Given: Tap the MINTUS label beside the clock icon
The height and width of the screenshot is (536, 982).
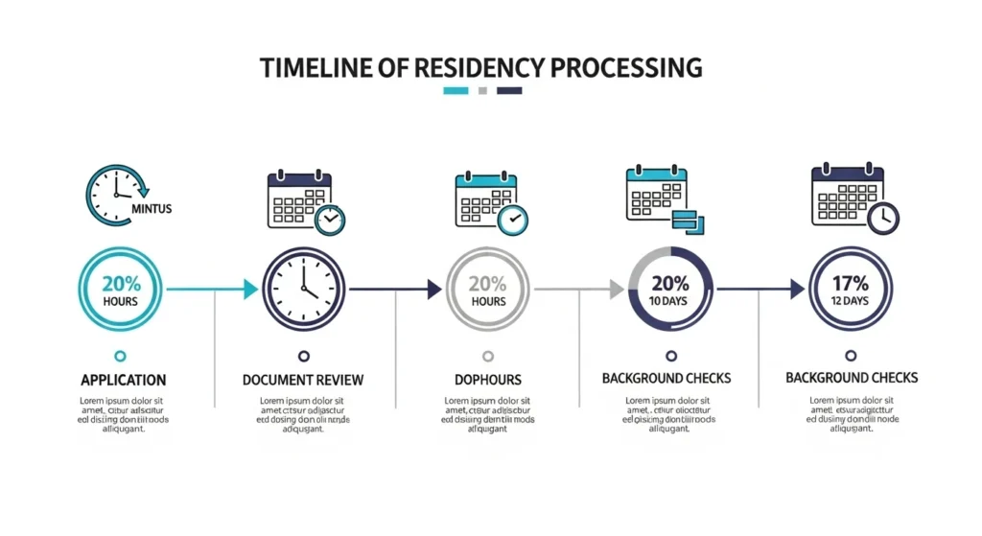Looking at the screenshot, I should coord(151,208).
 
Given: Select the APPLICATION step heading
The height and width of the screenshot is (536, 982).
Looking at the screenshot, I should coord(123,380).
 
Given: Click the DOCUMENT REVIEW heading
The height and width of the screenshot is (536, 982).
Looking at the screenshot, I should coord(303,380).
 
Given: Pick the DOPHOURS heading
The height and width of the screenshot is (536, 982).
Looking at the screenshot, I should coord(487,380).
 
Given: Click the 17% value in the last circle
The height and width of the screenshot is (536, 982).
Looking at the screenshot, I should coord(850,283).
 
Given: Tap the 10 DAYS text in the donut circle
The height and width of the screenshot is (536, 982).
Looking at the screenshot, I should coord(670,301).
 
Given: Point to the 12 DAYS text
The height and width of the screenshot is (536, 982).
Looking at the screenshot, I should coord(850,301).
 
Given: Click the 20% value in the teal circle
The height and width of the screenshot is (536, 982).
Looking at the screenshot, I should coord(121,283).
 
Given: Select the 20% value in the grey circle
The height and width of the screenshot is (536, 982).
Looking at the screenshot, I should coord(487,283).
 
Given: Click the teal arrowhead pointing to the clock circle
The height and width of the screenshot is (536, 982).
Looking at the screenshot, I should coord(250,289).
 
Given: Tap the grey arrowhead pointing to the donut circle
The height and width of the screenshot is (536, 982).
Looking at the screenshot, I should coord(617,289).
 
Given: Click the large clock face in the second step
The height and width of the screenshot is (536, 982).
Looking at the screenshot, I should coord(303,289).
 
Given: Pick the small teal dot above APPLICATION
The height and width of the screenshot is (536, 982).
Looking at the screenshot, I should coord(120,355).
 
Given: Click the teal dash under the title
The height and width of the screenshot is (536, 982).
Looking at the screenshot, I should coord(456,91).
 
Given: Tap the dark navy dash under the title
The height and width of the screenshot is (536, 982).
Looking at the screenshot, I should coord(510,91).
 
